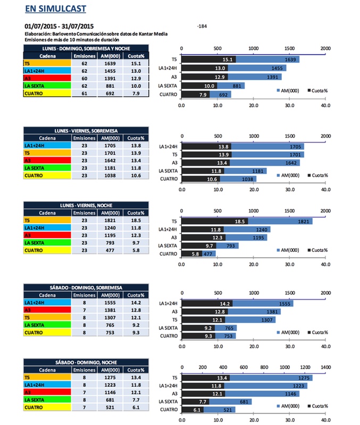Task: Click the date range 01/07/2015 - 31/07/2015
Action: click(59, 26)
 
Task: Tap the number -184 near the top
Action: click(202, 26)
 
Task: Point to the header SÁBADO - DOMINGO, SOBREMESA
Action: click(87, 287)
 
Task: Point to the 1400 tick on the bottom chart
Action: click(326, 367)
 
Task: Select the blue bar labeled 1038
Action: click(238, 179)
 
